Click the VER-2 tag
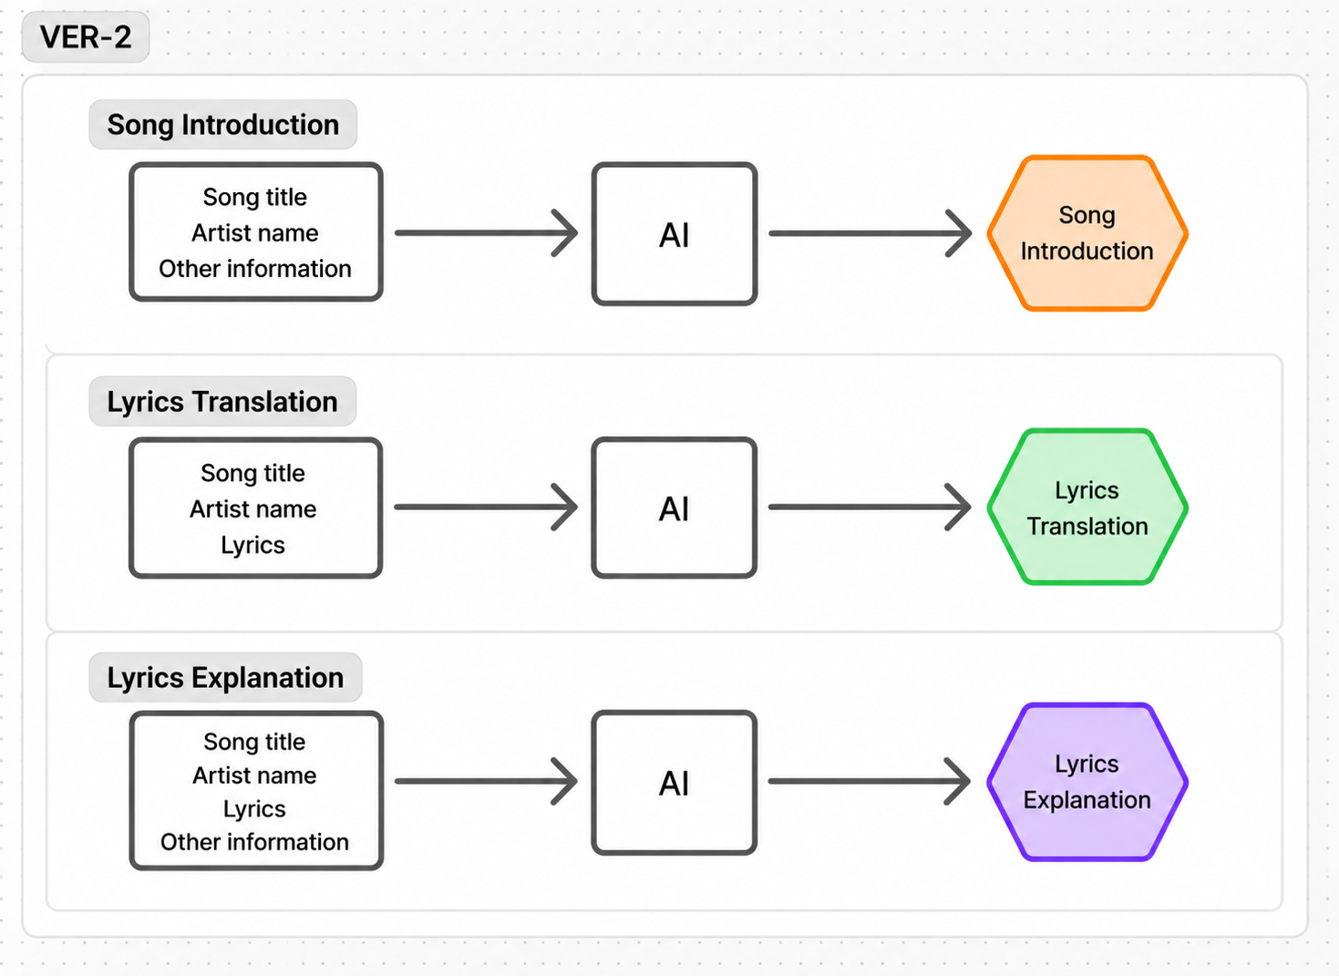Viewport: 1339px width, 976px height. (86, 37)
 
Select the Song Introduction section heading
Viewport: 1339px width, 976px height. (223, 124)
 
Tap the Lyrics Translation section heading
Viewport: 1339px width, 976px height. (222, 401)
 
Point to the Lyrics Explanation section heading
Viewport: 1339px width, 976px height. (225, 677)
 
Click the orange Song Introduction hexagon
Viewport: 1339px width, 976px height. (1087, 233)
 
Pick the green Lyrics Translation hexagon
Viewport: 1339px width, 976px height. (1087, 507)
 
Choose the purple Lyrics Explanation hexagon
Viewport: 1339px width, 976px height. (1087, 782)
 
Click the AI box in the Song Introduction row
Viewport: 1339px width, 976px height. (675, 233)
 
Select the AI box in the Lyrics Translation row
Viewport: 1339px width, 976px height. (675, 508)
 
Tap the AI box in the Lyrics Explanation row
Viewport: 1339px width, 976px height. (675, 783)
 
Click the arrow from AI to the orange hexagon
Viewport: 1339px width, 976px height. (870, 233)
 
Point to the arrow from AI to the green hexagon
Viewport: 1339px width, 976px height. (870, 507)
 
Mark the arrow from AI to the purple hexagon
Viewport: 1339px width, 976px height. (870, 781)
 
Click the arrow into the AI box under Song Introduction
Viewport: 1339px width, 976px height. (487, 232)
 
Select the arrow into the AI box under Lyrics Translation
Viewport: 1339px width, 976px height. (486, 507)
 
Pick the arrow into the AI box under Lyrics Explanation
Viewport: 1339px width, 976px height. (486, 781)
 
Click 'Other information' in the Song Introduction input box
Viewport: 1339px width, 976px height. (255, 269)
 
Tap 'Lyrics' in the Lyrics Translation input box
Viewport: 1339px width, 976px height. (252, 545)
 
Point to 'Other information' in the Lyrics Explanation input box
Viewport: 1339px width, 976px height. (254, 842)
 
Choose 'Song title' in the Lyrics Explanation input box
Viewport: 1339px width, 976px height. (254, 742)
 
